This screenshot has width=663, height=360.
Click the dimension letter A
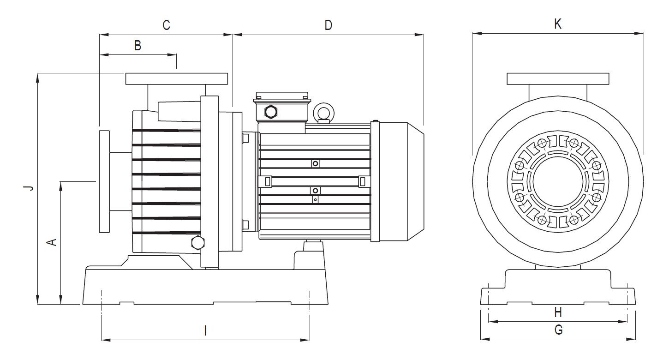coord(53,241)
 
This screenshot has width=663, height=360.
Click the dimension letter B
coord(137,45)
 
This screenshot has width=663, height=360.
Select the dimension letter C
coord(166,25)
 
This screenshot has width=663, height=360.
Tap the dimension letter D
coord(328,25)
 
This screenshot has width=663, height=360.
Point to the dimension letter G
coord(558,330)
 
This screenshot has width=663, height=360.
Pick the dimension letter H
coord(558,312)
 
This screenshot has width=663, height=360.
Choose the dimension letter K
coord(558,24)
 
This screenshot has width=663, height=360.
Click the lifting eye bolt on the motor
coord(323,112)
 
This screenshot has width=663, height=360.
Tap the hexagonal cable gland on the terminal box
coord(271,111)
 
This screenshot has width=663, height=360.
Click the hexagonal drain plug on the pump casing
coord(197,242)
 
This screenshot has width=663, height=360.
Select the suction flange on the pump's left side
coord(104,181)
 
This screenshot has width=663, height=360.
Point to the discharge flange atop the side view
coord(177,79)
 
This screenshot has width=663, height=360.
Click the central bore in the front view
coord(557,181)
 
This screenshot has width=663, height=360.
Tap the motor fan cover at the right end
coord(399,181)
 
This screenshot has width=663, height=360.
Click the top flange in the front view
coord(558,79)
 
